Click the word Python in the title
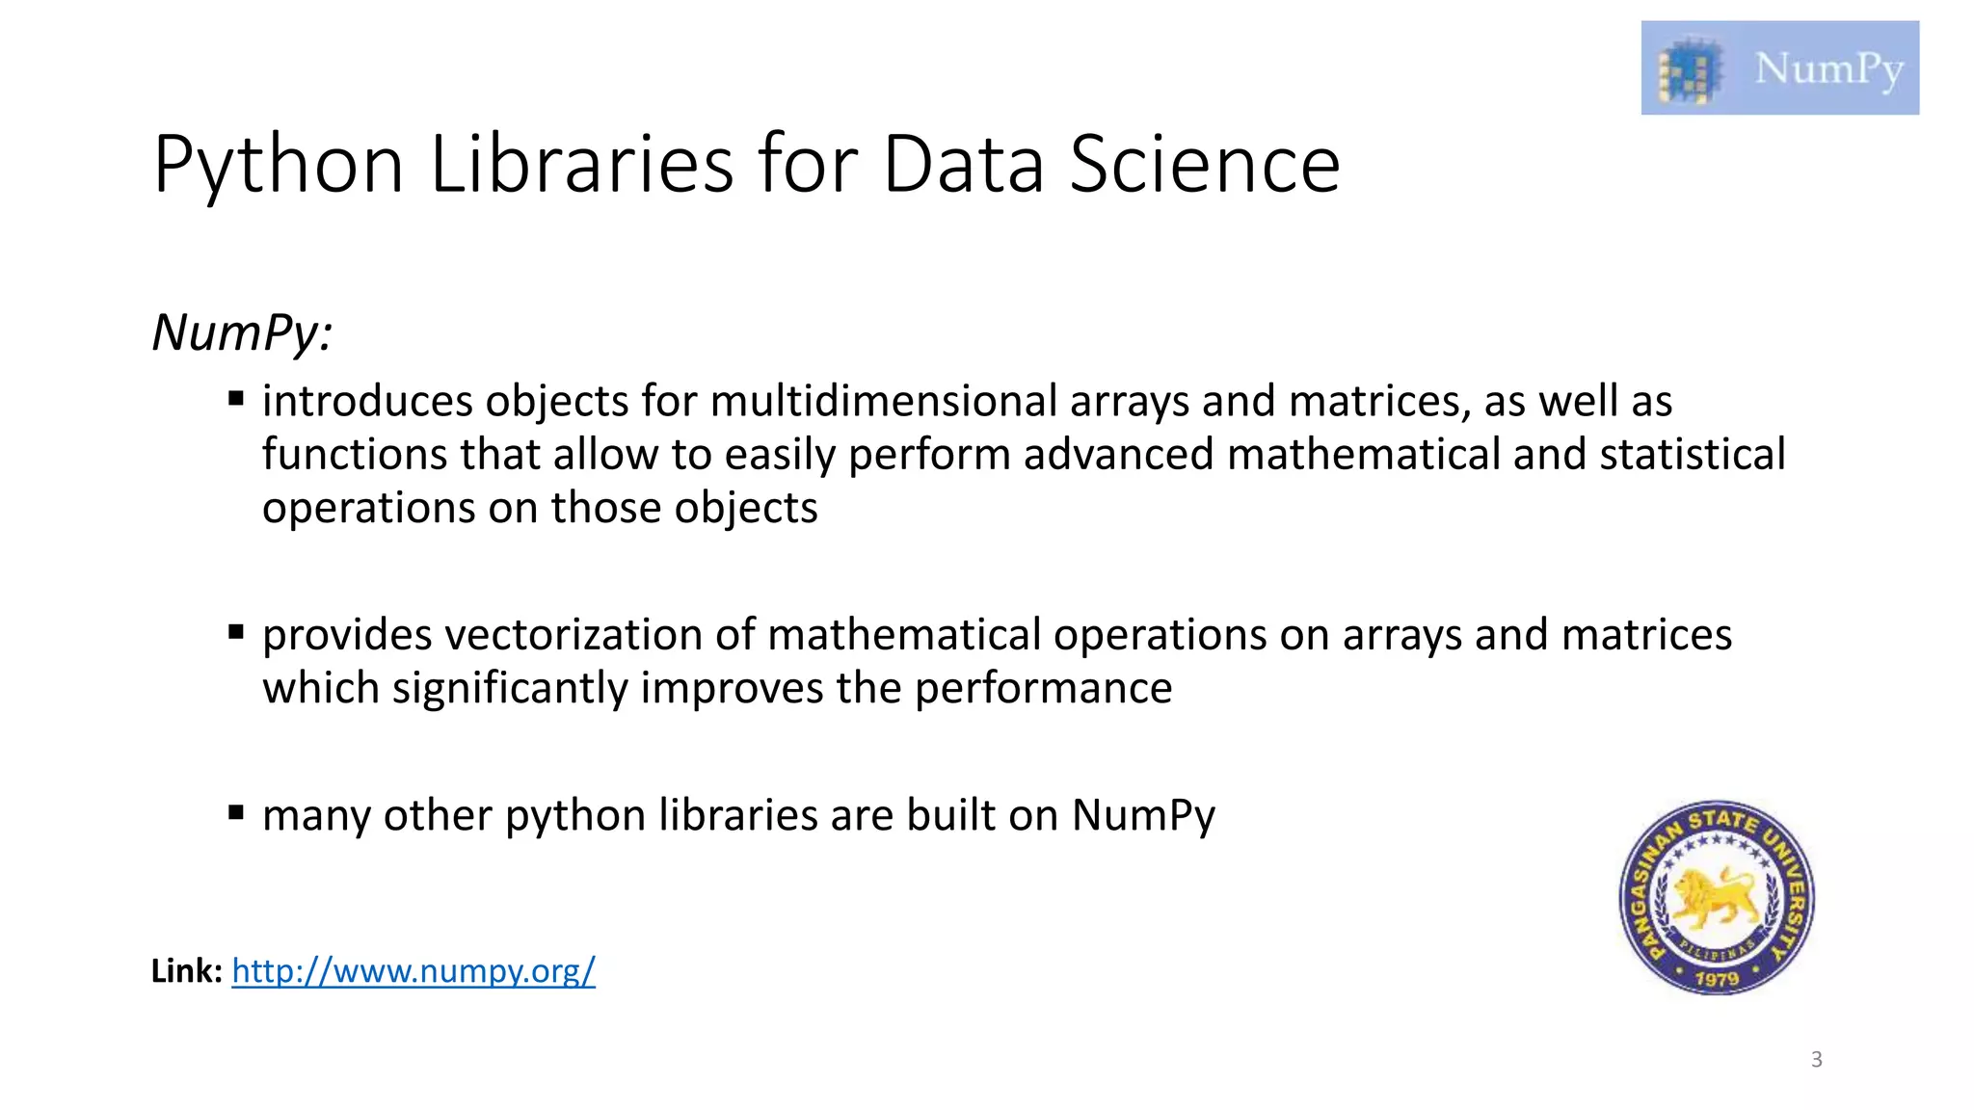(x=278, y=166)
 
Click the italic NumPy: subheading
(x=242, y=333)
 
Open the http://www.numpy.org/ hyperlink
(x=413, y=970)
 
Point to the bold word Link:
(x=187, y=970)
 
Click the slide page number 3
(x=1816, y=1060)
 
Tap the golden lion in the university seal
(x=1715, y=896)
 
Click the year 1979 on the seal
(x=1717, y=979)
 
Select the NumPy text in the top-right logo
(x=1828, y=68)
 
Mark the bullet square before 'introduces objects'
(x=236, y=398)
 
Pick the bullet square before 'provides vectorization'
(x=236, y=632)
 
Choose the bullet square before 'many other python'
(x=236, y=812)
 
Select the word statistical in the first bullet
(x=1693, y=454)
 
